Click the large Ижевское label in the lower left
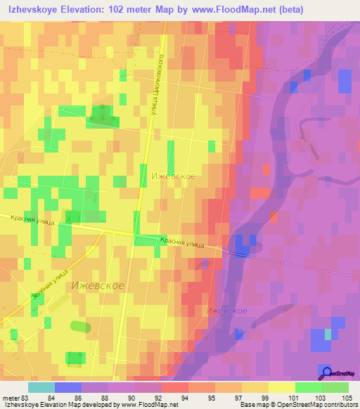pos(98,286)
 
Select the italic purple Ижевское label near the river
pos(226,310)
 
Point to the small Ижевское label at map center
pos(173,177)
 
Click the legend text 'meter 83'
pos(15,397)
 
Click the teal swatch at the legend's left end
pos(41,387)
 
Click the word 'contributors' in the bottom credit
pos(341,405)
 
